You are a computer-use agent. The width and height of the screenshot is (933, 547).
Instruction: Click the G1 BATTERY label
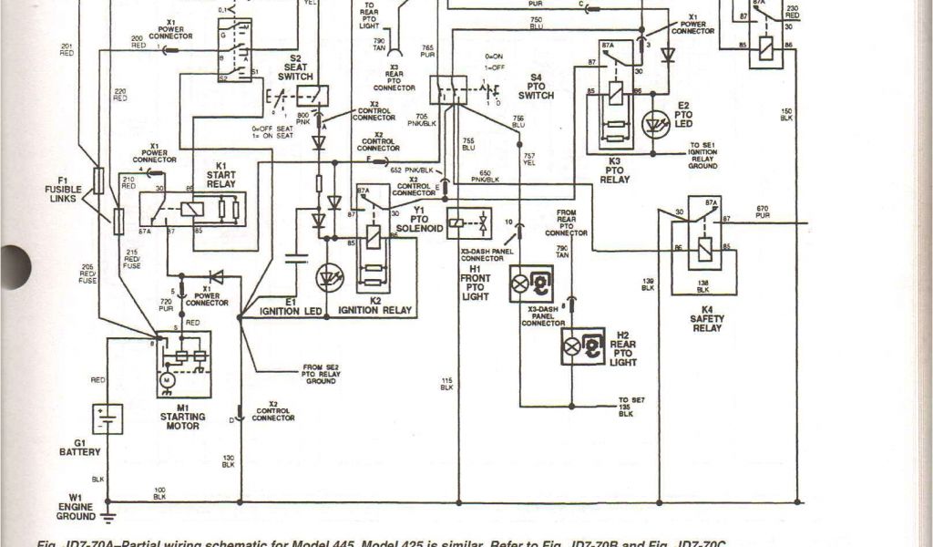[79, 447]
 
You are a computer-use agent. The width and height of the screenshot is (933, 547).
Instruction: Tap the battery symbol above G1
[107, 419]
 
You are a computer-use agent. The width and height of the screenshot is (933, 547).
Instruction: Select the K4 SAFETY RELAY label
[706, 319]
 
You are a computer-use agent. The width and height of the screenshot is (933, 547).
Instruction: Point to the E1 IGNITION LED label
[291, 306]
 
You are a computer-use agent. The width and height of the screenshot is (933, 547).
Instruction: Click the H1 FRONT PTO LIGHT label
[476, 284]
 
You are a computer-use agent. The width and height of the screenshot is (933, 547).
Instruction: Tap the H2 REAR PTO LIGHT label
[624, 348]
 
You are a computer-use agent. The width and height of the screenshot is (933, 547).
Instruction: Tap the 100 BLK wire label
[159, 493]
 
